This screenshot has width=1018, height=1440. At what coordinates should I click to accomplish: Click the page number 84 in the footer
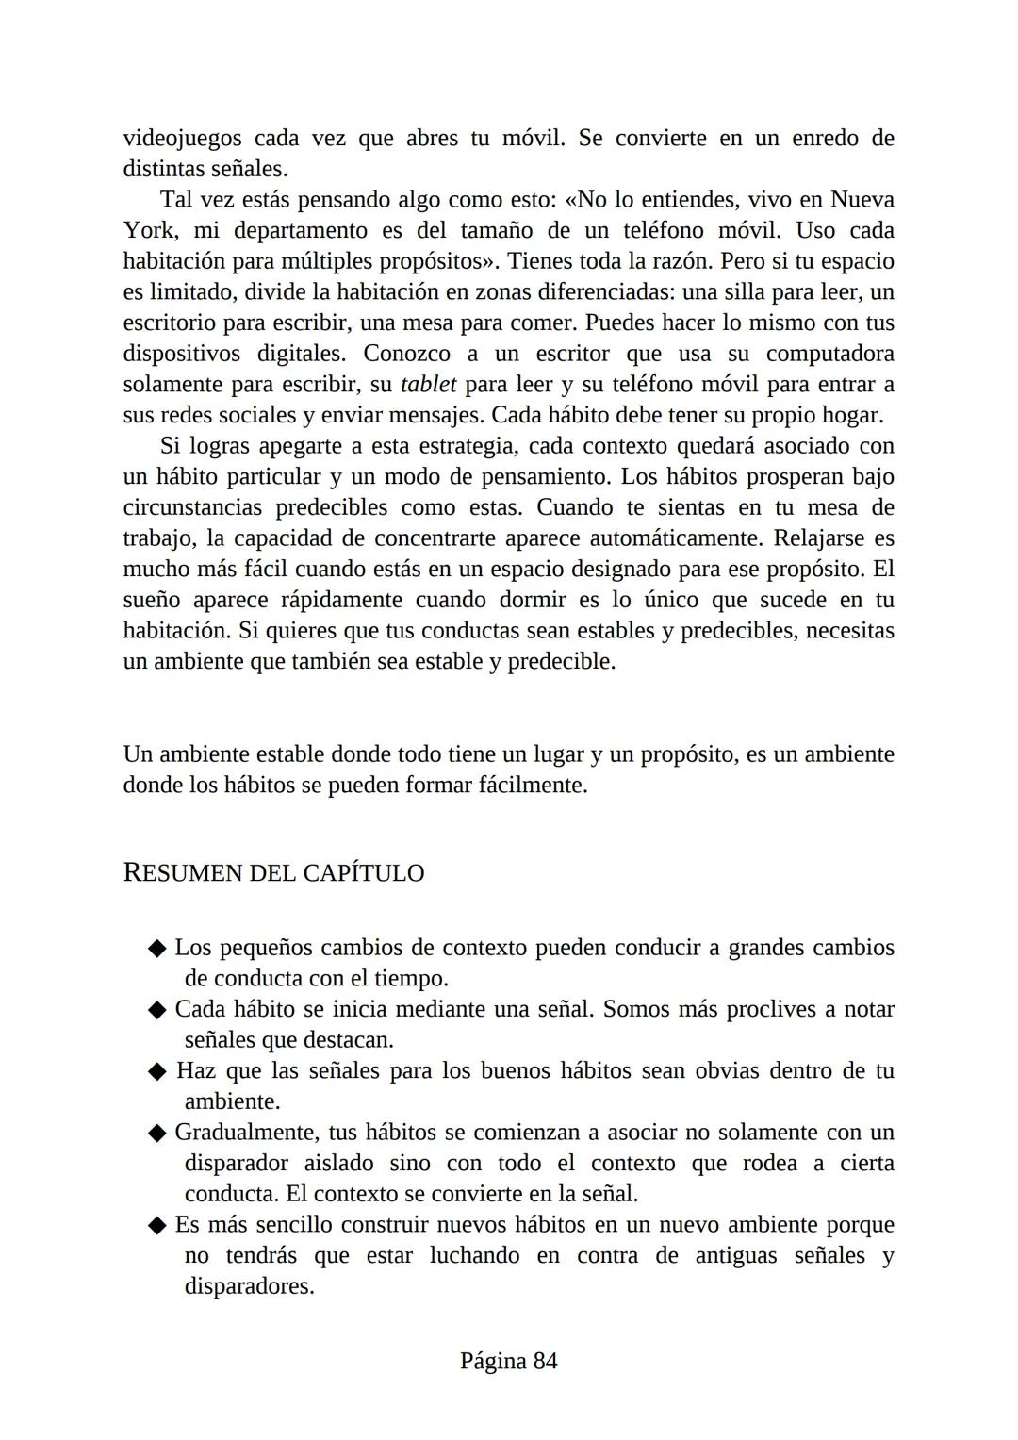[x=545, y=1361]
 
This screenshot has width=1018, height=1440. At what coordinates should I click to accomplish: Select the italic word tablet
[x=428, y=385]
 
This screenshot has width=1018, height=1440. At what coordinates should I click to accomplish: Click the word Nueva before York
[x=862, y=200]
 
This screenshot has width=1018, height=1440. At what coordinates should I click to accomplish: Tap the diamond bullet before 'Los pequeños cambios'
[x=157, y=949]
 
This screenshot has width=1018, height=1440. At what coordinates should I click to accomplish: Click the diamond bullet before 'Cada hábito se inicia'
[x=157, y=1010]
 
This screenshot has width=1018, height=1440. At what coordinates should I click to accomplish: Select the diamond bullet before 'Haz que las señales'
[x=157, y=1072]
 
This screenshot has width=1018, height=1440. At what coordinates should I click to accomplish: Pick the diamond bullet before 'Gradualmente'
[x=157, y=1134]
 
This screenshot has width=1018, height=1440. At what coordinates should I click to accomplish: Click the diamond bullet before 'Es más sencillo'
[x=157, y=1226]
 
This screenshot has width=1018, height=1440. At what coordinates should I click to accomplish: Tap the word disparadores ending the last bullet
[x=248, y=1287]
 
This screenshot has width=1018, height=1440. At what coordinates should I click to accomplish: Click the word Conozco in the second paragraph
[x=409, y=354]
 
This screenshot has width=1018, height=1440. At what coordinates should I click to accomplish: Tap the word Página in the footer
[x=492, y=1361]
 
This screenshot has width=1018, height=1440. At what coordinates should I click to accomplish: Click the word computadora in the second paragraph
[x=829, y=354]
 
